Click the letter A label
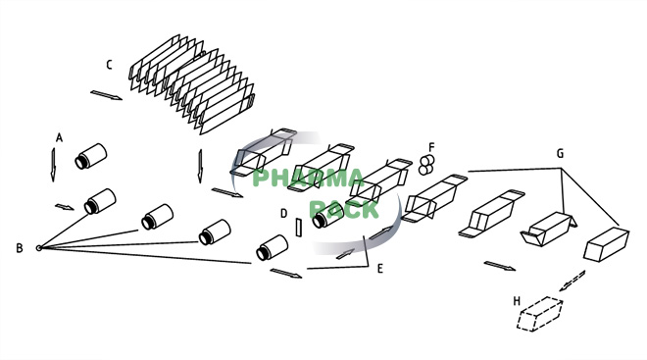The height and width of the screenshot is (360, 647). point(59,138)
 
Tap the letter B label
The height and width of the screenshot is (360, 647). point(19,248)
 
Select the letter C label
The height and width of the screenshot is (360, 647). point(110,66)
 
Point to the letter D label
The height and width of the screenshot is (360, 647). point(283,213)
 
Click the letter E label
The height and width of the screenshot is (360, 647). point(380,267)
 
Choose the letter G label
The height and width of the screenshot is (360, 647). point(560,154)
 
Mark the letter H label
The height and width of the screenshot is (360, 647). point(517,300)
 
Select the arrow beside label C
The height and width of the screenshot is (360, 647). point(106,96)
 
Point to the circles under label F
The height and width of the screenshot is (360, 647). point(426,164)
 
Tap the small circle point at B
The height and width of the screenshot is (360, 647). point(39,247)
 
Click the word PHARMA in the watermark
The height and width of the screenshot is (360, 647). point(309,179)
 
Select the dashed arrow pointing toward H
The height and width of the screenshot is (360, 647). point(572,280)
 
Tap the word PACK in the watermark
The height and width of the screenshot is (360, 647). point(343,209)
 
